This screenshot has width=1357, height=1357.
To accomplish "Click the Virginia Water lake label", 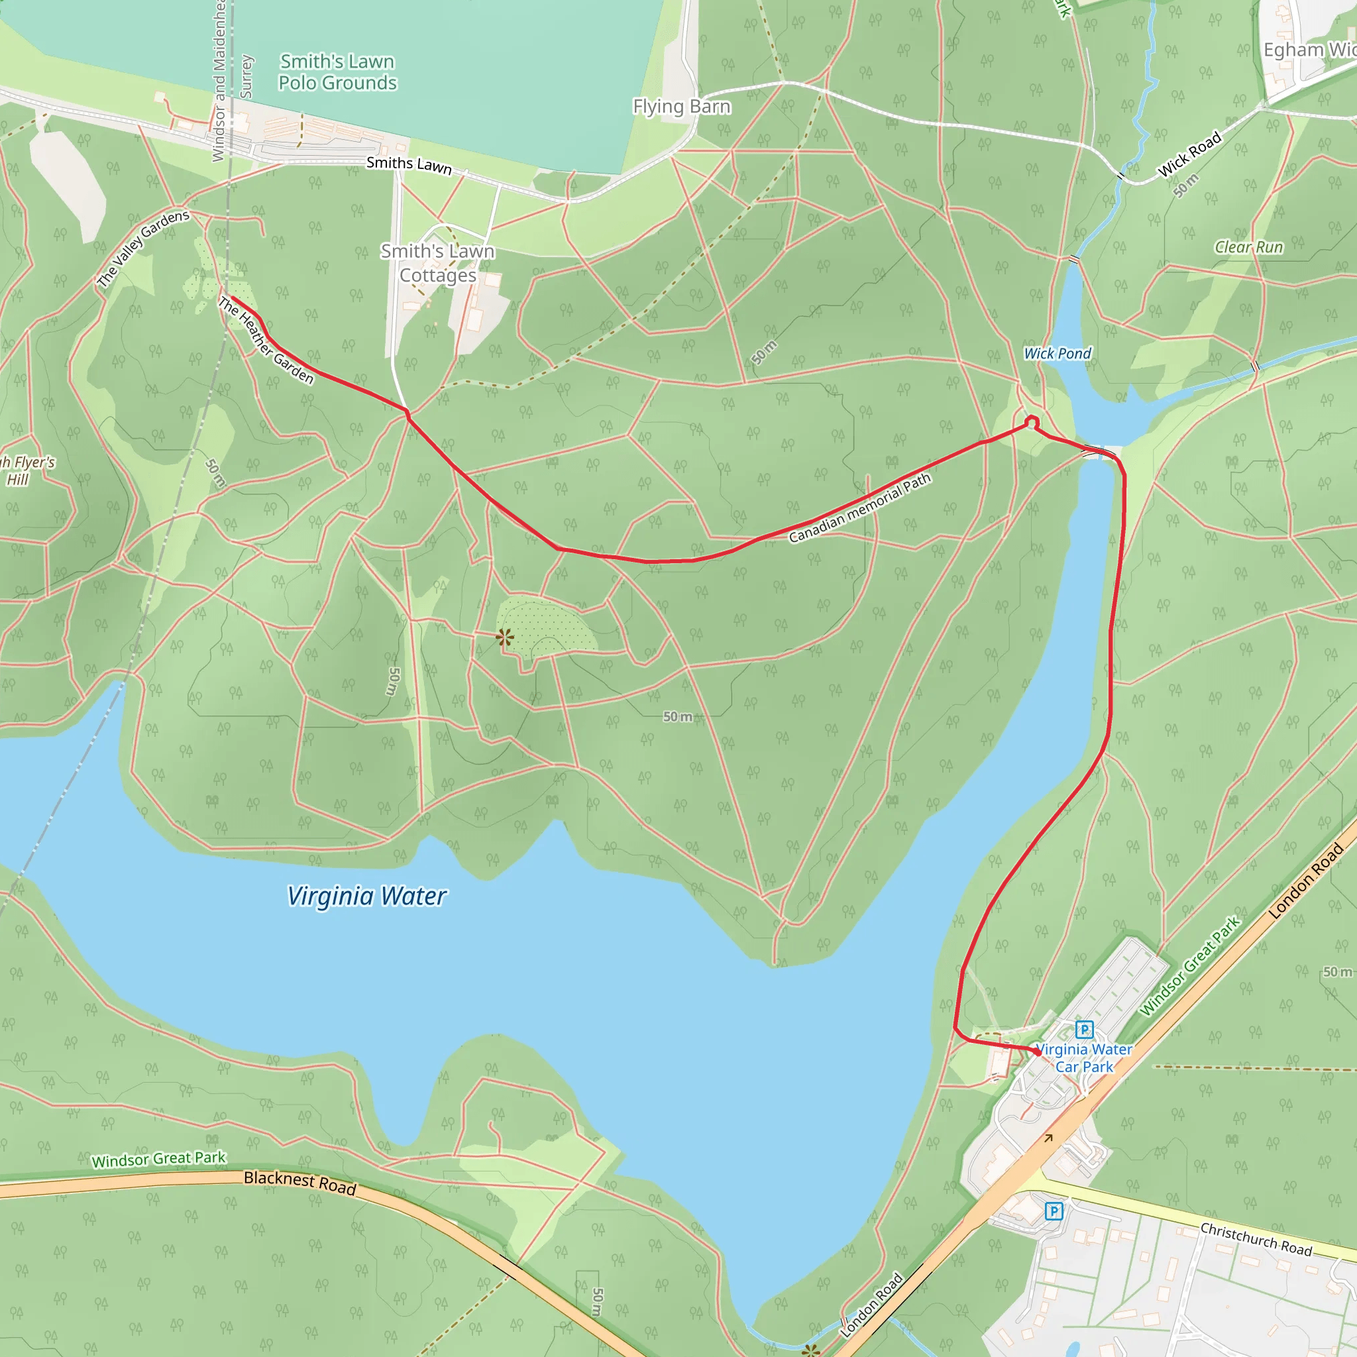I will click(x=366, y=897).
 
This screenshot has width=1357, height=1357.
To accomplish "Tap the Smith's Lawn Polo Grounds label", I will click(x=337, y=72).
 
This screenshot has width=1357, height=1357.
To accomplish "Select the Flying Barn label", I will click(x=681, y=107).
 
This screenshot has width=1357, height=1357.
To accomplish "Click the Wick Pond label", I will click(x=1057, y=354).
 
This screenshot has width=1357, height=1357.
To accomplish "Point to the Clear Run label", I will click(x=1248, y=247).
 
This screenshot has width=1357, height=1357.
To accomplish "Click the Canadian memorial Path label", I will click(x=859, y=508).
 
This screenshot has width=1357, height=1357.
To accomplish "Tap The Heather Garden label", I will click(x=266, y=341).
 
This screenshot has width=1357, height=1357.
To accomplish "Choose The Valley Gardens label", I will click(x=143, y=248).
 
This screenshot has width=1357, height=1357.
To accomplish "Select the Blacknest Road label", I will click(x=300, y=1182).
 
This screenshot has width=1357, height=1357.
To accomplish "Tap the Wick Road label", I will click(x=1189, y=154).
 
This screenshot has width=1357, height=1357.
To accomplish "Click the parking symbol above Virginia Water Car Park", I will click(x=1085, y=1030).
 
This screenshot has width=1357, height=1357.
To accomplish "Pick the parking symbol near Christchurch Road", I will click(x=1054, y=1211).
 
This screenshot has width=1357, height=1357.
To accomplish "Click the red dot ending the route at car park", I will click(x=1038, y=1052).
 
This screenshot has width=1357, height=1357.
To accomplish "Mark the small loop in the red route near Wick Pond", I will click(x=1032, y=421).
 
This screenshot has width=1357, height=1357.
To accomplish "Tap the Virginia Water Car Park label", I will click(x=1084, y=1058).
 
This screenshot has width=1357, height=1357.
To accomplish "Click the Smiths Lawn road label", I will click(x=409, y=165).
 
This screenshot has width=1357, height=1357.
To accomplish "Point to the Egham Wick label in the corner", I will click(x=1309, y=50).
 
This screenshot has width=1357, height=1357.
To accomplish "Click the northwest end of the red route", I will click(x=231, y=297).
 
